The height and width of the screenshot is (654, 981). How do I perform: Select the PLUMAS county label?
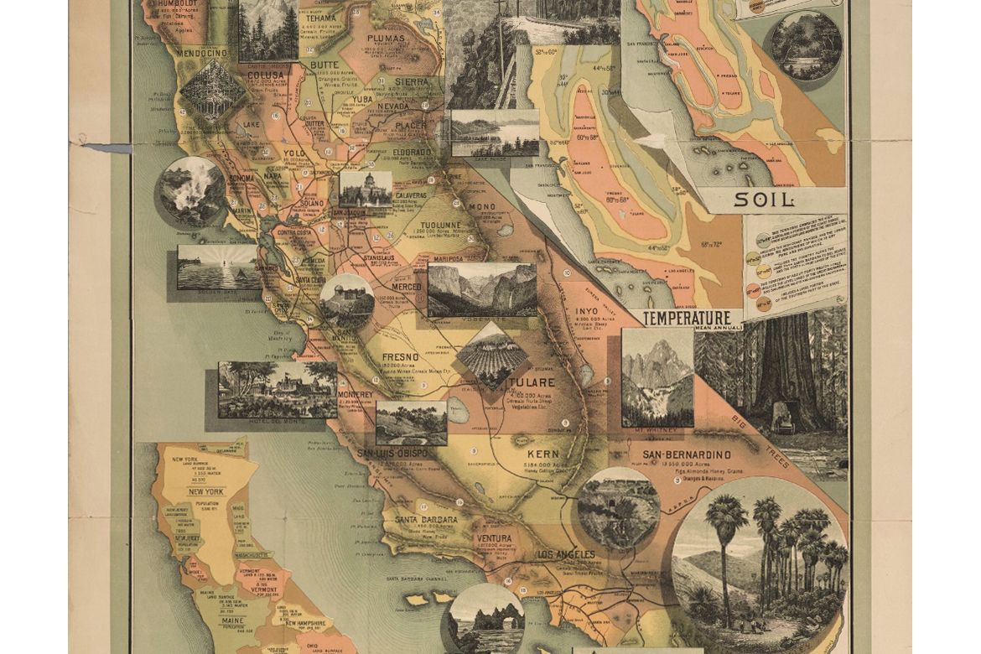point(385,39)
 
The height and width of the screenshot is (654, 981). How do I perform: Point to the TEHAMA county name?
point(320,18)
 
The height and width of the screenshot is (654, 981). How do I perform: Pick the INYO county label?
point(585,311)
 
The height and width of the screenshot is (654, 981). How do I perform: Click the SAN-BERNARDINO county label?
point(687,455)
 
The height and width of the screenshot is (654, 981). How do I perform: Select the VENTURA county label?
point(493,538)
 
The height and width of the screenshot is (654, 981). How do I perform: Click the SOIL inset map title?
point(763,200)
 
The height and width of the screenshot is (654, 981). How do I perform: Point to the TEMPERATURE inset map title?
point(687,319)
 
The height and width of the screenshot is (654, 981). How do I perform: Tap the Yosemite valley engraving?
point(482,289)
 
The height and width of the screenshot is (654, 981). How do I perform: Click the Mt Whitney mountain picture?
point(657,376)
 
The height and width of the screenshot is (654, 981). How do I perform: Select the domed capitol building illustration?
point(366,189)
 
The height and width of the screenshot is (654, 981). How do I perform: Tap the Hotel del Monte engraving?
point(277,389)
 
